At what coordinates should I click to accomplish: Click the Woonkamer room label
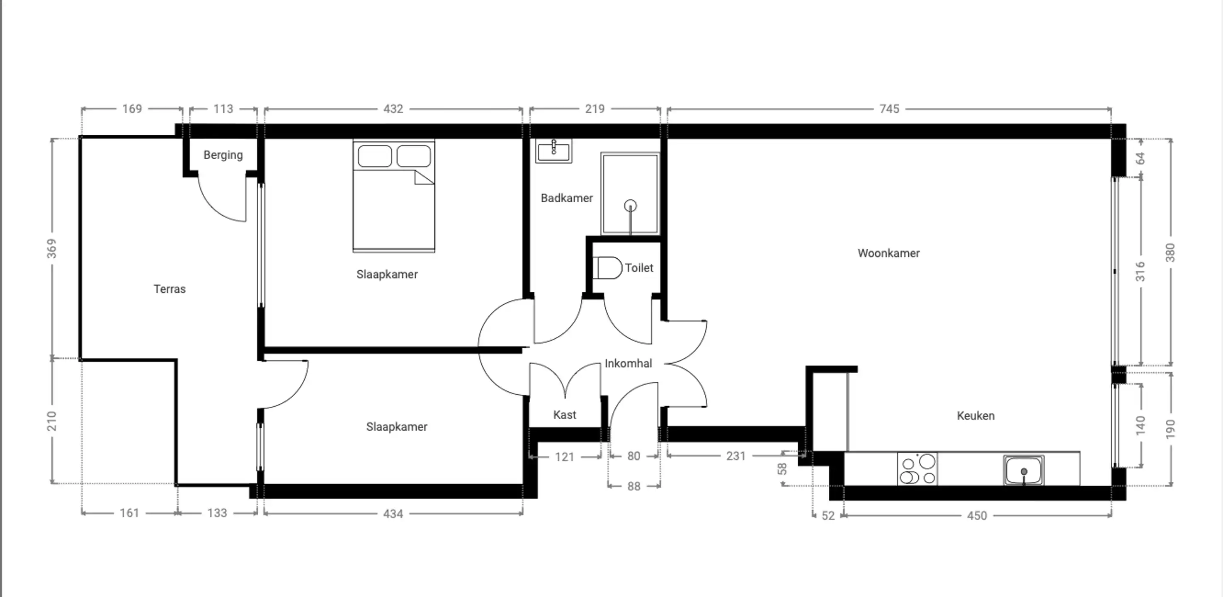[x=888, y=253]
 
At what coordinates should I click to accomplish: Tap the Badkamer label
[x=566, y=198]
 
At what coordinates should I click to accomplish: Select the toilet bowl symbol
[x=608, y=268]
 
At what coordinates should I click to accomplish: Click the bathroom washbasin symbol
[x=553, y=150]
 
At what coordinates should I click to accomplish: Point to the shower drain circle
[x=630, y=206]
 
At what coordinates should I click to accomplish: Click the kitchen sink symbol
[x=1024, y=471]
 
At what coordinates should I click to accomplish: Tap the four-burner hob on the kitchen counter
[x=917, y=469]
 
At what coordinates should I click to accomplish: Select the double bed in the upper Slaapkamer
[x=393, y=196]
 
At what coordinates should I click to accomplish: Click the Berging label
[x=223, y=155]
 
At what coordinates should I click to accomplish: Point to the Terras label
[x=170, y=289]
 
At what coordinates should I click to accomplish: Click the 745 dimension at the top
[x=889, y=109]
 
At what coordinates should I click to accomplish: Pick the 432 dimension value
[x=393, y=109]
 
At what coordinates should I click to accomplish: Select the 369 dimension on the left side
[x=51, y=248]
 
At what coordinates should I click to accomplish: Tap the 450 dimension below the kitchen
[x=977, y=515]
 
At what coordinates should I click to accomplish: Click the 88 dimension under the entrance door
[x=633, y=486]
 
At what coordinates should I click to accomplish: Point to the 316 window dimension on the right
[x=1140, y=271]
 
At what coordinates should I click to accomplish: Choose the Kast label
[x=565, y=415]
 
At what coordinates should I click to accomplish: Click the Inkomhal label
[x=628, y=363]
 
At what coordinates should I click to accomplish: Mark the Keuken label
[x=975, y=415]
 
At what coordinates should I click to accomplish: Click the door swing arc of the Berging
[x=213, y=209]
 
